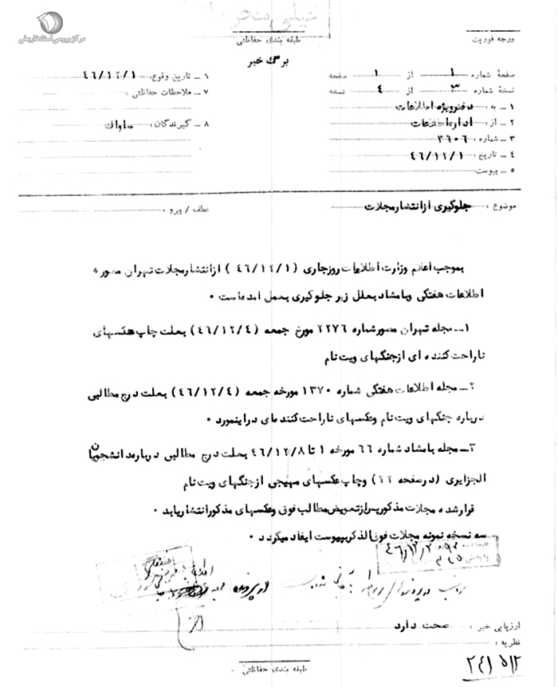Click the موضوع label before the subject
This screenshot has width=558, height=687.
pyautogui.click(x=504, y=206)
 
